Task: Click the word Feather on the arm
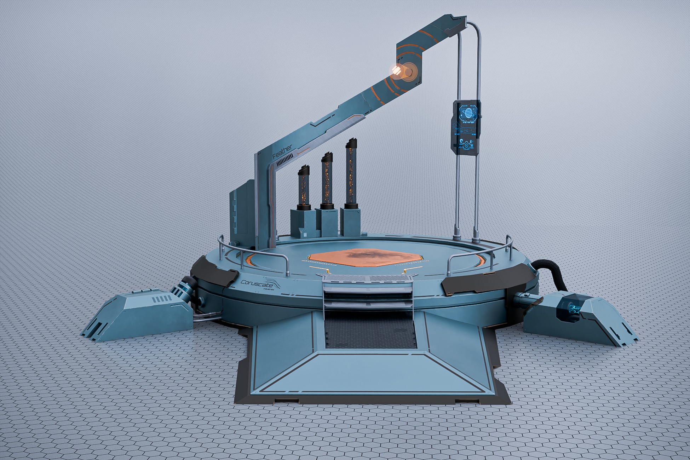click(x=282, y=151)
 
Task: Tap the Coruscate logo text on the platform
click(x=257, y=283)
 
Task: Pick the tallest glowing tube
click(x=351, y=173)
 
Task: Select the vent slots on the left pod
click(x=161, y=299)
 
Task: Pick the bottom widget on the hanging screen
click(x=466, y=144)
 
